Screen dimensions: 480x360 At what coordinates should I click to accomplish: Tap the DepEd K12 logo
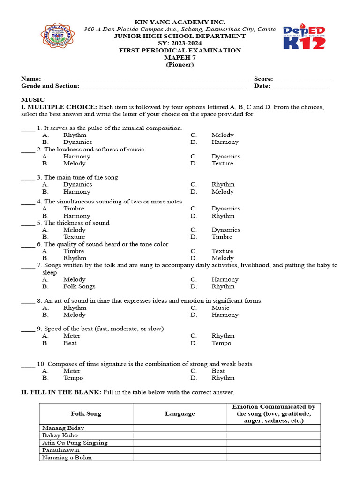coord(304,37)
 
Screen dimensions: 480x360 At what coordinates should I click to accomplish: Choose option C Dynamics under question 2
coord(225,157)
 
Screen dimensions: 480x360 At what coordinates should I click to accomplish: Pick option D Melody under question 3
coord(222,192)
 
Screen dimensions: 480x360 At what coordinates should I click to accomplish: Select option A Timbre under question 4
coord(74,209)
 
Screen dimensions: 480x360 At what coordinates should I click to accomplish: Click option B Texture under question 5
coord(74,237)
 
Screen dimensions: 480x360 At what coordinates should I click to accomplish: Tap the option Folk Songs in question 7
coord(79,286)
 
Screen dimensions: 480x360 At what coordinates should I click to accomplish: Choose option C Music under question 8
coord(220,308)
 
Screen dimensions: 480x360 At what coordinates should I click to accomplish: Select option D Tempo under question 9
coord(221,343)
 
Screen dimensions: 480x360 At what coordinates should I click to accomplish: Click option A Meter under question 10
coord(72,371)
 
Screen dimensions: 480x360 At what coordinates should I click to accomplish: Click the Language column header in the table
coord(180,414)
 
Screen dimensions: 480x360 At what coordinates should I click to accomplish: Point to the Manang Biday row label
coord(63,428)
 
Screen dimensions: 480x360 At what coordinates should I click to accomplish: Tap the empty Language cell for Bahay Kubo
coord(180,435)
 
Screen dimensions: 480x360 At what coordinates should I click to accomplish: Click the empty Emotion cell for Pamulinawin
coord(274,450)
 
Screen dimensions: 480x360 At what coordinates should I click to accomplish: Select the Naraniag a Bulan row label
coord(67,457)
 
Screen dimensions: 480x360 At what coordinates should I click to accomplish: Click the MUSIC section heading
coord(33,100)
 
